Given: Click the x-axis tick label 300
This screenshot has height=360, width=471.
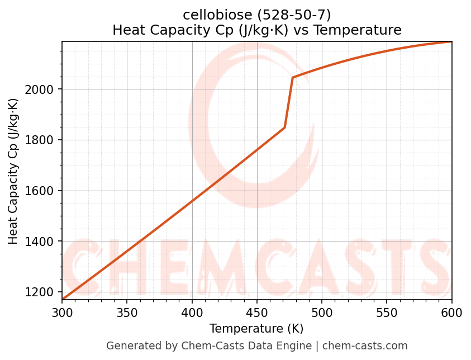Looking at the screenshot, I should click(x=62, y=312).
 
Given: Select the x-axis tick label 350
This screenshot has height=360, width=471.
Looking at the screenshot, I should click(x=127, y=312).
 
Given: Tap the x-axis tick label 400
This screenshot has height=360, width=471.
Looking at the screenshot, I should click(x=192, y=312).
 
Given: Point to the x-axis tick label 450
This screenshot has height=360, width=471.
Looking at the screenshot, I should click(x=257, y=312).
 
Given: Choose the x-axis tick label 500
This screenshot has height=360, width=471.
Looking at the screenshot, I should click(x=322, y=312).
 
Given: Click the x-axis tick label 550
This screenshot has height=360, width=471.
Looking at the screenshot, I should click(x=387, y=312).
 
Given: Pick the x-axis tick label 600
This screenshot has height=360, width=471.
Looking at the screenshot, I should click(x=451, y=312).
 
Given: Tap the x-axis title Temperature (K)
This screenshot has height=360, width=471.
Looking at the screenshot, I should click(x=256, y=329).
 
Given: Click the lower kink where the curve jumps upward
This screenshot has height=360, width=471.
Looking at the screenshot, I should click(x=285, y=127).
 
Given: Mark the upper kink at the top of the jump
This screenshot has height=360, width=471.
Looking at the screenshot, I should click(x=292, y=78).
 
